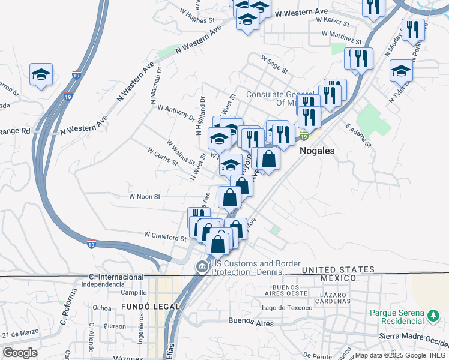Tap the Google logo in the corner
(20, 353)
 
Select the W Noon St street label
(145, 196)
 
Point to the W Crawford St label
(166, 236)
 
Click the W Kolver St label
(329, 20)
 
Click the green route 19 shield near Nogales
(304, 137)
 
